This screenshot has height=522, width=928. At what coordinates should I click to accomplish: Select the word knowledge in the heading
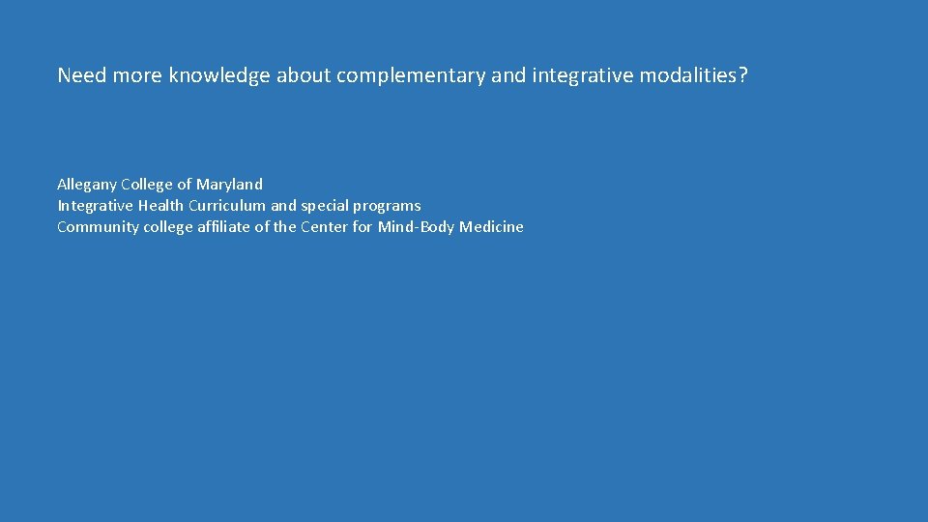point(219,75)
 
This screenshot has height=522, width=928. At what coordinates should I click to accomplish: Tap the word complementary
point(411,75)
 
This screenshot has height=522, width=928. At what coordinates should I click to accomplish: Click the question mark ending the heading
point(743,75)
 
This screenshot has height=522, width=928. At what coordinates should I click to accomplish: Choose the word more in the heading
point(137,75)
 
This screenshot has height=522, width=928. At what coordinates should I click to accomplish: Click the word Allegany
point(87,184)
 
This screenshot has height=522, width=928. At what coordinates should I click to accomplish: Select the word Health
point(160,205)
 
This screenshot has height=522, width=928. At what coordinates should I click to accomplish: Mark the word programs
point(390,205)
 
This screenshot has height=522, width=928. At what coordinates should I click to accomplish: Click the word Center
point(325,227)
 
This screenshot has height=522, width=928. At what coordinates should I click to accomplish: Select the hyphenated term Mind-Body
point(416,227)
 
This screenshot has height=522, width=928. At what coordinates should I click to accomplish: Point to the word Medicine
point(491,227)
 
